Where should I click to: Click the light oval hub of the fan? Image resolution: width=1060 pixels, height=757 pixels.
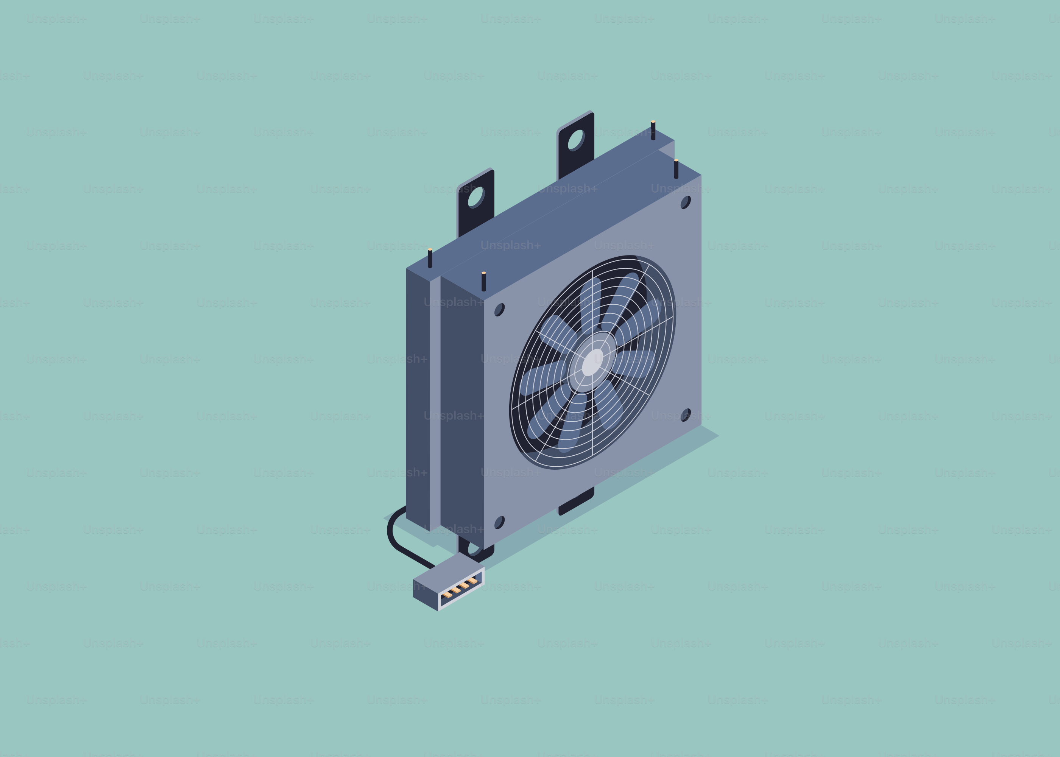click(x=592, y=362)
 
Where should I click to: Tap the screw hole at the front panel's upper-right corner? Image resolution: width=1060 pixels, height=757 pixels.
click(x=685, y=202)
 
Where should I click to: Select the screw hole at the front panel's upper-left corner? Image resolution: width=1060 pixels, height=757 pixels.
click(x=499, y=310)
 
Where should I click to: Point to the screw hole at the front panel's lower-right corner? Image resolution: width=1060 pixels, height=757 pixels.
click(x=685, y=415)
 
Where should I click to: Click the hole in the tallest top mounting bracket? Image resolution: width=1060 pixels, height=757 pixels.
click(x=576, y=139)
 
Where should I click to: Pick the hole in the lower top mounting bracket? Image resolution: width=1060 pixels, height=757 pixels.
click(x=475, y=197)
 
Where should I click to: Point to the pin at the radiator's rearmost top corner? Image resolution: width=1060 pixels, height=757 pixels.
click(x=653, y=130)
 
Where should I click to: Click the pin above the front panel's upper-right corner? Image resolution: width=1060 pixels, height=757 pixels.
click(x=676, y=169)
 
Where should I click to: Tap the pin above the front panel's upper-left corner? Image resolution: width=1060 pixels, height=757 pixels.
click(x=484, y=281)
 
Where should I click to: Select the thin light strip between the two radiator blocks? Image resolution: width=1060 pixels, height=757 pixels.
click(x=435, y=401)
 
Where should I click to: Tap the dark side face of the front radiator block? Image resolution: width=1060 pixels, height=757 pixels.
click(x=461, y=410)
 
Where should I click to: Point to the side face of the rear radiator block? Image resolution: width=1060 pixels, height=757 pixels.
click(x=417, y=396)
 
